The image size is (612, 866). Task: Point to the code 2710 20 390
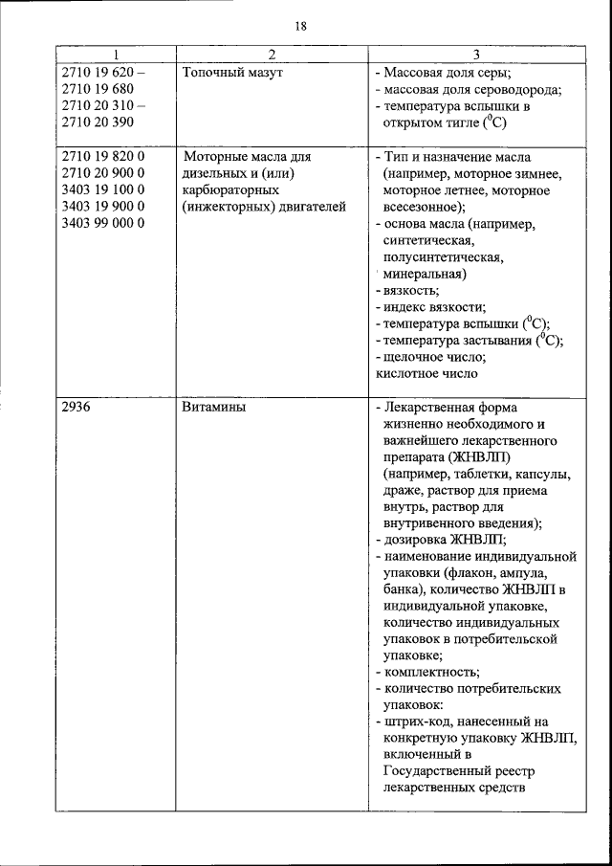click(x=98, y=122)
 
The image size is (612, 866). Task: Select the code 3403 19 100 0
click(x=102, y=190)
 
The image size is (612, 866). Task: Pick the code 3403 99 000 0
click(x=102, y=224)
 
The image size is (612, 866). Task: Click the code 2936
click(x=77, y=407)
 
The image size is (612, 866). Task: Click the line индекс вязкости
click(x=434, y=307)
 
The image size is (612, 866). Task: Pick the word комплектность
click(x=431, y=672)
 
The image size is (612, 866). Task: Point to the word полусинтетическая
click(x=442, y=257)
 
